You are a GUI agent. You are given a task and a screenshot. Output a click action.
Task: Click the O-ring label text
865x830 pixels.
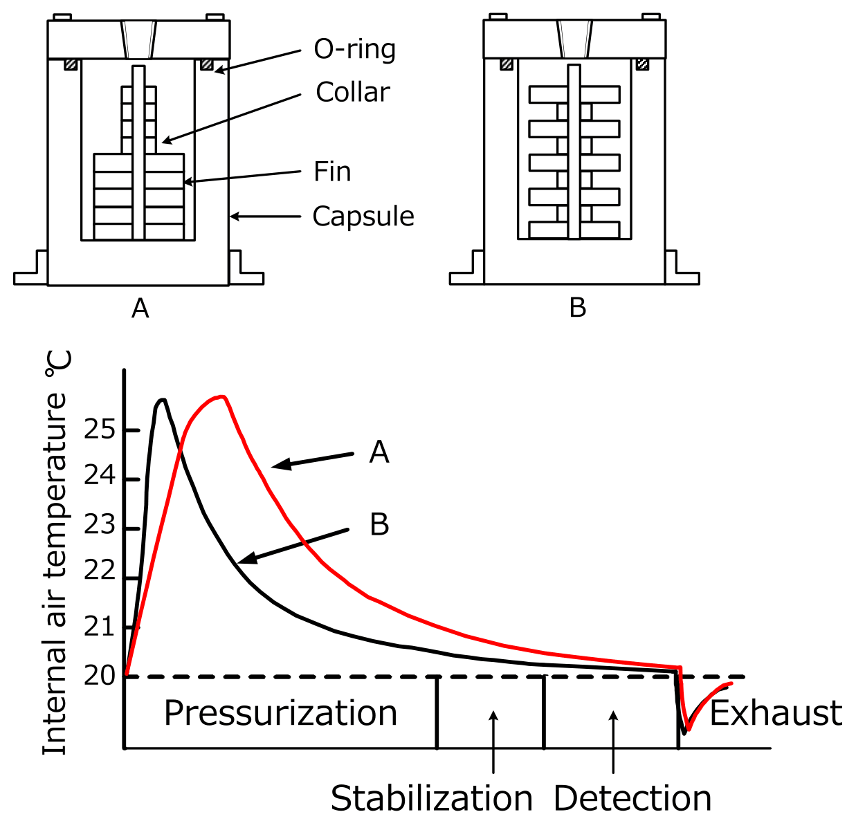pyautogui.click(x=355, y=50)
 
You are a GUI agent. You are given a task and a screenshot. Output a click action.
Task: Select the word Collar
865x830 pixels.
pyautogui.click(x=353, y=92)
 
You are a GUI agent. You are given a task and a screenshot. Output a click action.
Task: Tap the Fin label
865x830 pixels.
pyautogui.click(x=332, y=172)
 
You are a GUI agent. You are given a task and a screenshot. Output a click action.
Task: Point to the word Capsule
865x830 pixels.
pyautogui.click(x=363, y=216)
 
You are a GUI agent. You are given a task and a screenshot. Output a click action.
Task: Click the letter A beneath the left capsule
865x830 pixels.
pyautogui.click(x=140, y=308)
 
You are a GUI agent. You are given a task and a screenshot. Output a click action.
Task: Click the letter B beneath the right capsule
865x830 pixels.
pyautogui.click(x=578, y=307)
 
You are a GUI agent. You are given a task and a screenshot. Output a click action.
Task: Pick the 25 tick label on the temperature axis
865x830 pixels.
pyautogui.click(x=100, y=430)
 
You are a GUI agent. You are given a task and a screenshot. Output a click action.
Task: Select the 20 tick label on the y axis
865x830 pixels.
pyautogui.click(x=100, y=676)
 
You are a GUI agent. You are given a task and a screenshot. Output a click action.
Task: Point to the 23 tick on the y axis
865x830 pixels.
pyautogui.click(x=100, y=526)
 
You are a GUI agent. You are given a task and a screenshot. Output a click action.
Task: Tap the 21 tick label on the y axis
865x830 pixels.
pyautogui.click(x=100, y=627)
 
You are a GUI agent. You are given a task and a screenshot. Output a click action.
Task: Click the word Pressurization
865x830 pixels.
pyautogui.click(x=280, y=713)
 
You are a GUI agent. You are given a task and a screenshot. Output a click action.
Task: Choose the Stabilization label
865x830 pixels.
pyautogui.click(x=431, y=799)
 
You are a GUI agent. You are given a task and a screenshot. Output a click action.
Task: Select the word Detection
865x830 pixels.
pyautogui.click(x=632, y=799)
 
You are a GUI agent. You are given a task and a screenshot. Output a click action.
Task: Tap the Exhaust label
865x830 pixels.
pyautogui.click(x=776, y=713)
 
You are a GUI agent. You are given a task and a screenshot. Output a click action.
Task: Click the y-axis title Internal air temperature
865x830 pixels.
pyautogui.click(x=55, y=553)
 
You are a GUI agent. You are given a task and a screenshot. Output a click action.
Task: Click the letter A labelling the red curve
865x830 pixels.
pyautogui.click(x=379, y=452)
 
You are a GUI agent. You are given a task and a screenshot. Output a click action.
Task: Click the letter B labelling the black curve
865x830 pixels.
pyautogui.click(x=379, y=524)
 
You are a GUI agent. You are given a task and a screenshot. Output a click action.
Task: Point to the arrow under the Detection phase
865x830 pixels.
pyautogui.click(x=614, y=740)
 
